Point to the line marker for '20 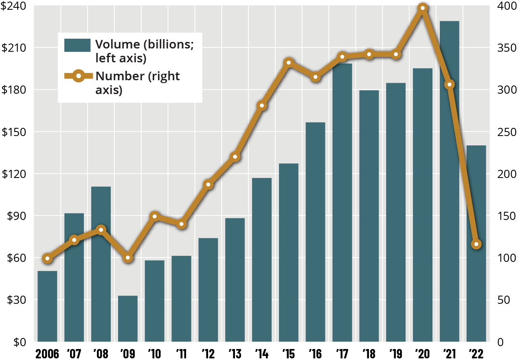click(423, 8)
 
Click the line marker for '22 click(476, 244)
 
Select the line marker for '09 click(128, 258)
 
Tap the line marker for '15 click(289, 63)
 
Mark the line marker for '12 click(209, 184)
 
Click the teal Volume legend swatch click(77, 45)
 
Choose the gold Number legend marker click(78, 76)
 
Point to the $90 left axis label click(15, 216)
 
